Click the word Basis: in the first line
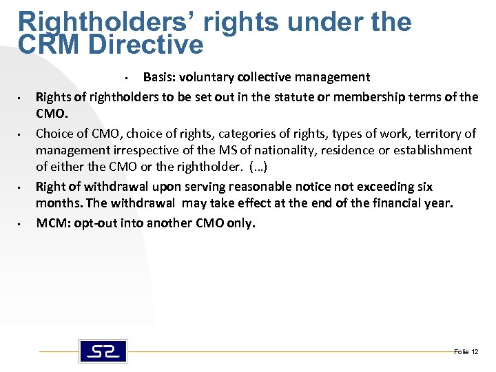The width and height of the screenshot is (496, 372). coord(158,77)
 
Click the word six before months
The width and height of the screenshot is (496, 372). coord(425,187)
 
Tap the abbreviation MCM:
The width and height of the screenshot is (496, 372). coord(52,223)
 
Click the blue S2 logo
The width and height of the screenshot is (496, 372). coord(103,351)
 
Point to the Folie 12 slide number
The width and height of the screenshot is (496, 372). coord(466,352)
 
